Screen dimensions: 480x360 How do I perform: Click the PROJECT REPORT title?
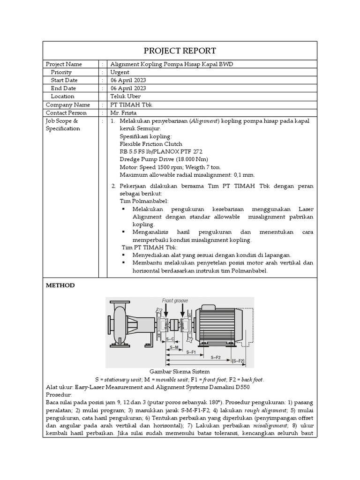click(180, 51)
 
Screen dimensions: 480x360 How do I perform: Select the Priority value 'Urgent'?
click(120, 72)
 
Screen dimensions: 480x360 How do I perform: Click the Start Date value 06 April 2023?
click(128, 80)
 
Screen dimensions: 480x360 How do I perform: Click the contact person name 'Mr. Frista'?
click(123, 112)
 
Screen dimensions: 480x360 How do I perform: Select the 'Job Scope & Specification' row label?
click(63, 125)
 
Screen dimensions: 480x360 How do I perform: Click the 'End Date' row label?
click(63, 88)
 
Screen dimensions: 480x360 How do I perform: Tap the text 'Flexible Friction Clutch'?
click(151, 144)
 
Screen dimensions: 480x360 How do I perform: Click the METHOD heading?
click(60, 285)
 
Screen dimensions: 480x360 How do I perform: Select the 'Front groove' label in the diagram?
click(176, 300)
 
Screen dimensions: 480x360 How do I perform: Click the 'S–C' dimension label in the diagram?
click(170, 338)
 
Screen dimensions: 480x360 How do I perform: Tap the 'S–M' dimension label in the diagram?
click(174, 347)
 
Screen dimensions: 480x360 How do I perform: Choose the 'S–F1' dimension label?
click(191, 352)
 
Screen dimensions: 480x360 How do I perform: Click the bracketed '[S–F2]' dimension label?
click(238, 360)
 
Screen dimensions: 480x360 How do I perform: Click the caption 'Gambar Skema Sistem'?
click(180, 371)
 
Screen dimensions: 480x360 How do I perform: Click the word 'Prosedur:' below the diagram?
click(58, 395)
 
